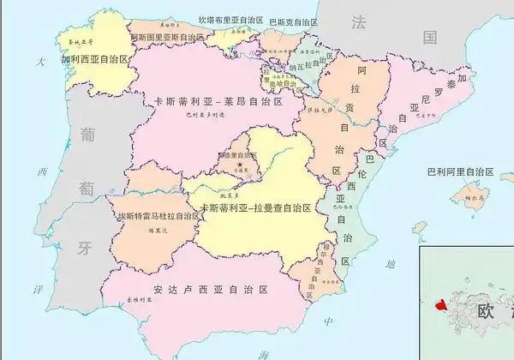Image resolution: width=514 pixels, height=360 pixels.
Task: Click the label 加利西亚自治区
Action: pos(93,62)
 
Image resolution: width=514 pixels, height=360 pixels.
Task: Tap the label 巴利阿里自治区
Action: pos(461,171)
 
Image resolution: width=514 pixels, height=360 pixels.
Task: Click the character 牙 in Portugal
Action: pos(84,249)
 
